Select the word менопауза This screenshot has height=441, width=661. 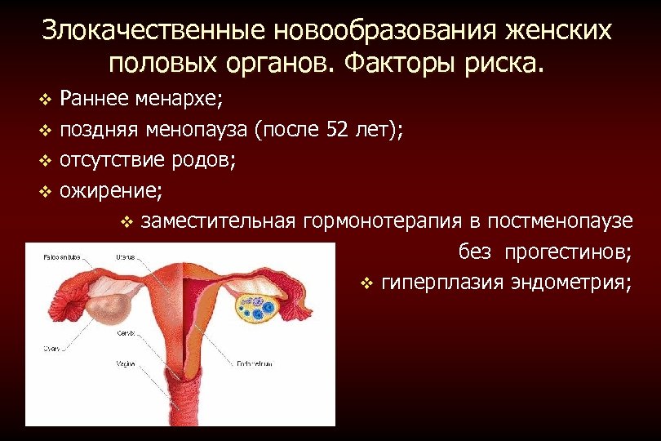(x=196, y=129)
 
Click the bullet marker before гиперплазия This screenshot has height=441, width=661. (x=366, y=283)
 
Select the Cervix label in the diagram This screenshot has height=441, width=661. (x=125, y=334)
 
